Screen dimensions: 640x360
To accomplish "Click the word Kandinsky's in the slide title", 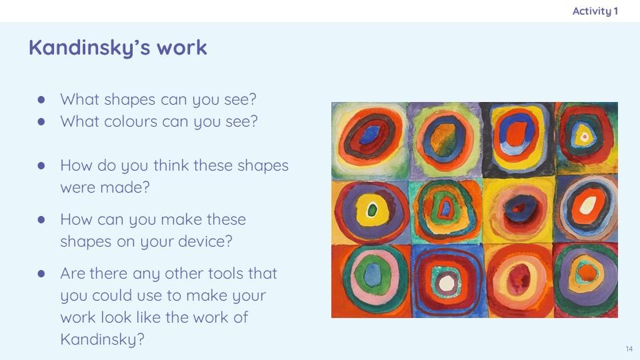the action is point(89,48).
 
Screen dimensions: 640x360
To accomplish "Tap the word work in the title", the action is point(182,47).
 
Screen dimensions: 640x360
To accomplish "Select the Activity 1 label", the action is point(595,11).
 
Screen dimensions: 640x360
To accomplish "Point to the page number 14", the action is point(629,349).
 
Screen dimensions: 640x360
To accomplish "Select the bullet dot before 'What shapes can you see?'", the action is point(41,99).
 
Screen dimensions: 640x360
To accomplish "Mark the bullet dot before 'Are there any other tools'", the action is point(41,273).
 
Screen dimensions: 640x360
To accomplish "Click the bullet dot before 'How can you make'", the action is point(41,219).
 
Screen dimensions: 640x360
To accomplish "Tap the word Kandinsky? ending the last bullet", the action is point(103,339).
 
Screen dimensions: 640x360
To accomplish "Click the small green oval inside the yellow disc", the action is point(372,211).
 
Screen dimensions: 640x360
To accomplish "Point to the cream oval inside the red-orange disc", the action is point(588,205).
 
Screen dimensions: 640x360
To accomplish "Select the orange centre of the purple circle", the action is point(587,272).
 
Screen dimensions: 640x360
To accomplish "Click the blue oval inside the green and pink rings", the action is point(372,274).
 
